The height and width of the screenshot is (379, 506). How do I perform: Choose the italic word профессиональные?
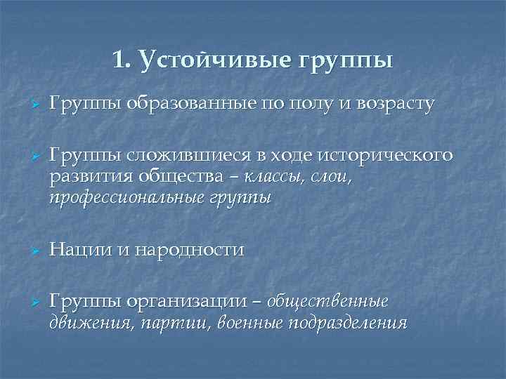[129, 198]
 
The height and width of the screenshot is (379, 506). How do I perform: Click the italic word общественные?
[327, 301]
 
